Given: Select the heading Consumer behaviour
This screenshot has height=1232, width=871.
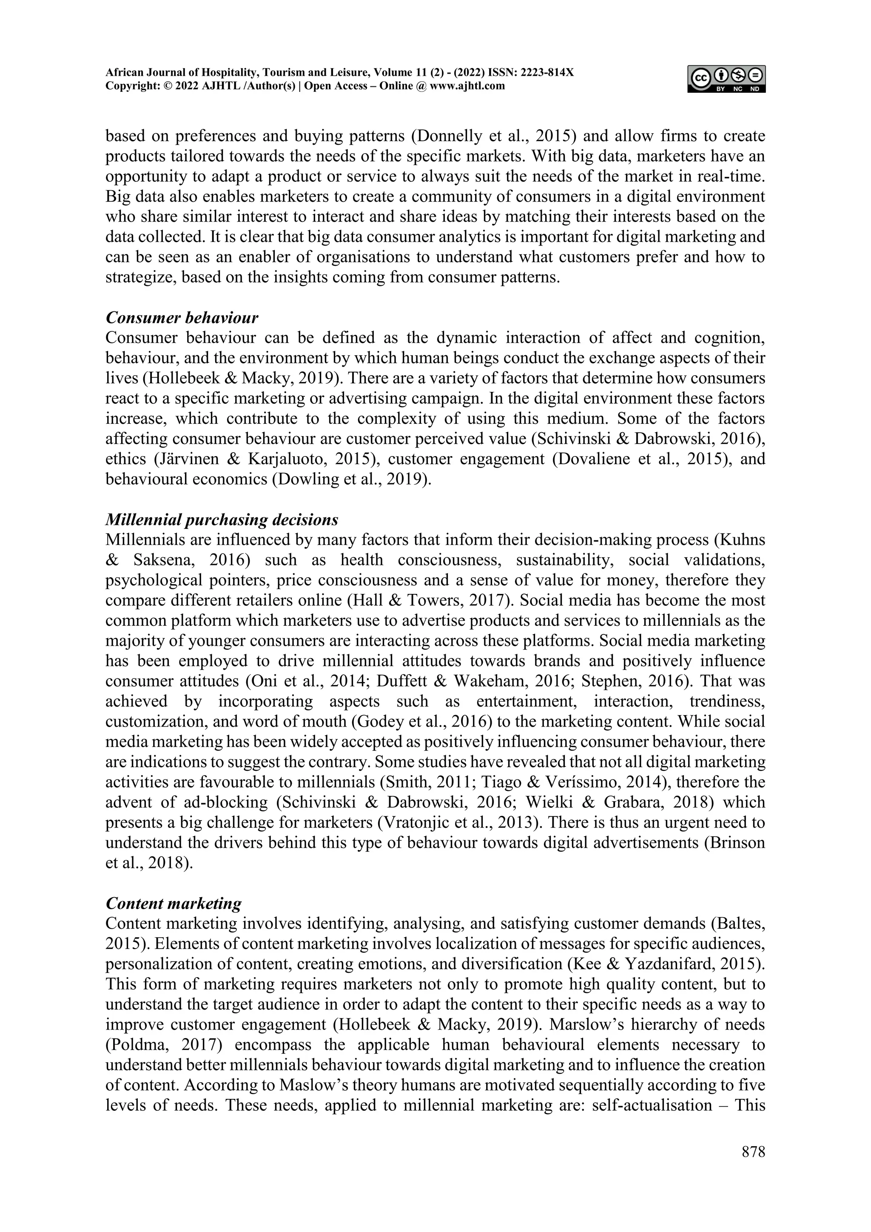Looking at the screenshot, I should (x=182, y=318).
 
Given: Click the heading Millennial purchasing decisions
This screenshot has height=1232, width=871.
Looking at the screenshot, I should (x=222, y=519).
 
